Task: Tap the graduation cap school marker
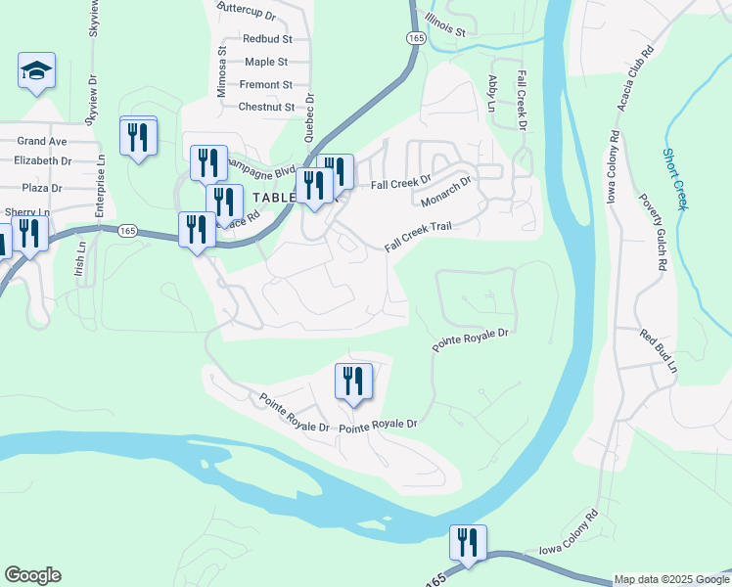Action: point(36,71)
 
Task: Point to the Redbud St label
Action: point(268,39)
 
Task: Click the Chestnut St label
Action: point(266,107)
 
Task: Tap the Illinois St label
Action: point(439,24)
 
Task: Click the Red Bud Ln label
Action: point(659,351)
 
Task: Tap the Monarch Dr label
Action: point(446,191)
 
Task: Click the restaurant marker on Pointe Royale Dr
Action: point(353,382)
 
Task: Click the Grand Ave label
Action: point(41,142)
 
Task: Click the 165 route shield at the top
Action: point(416,37)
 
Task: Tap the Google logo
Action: point(32,575)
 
